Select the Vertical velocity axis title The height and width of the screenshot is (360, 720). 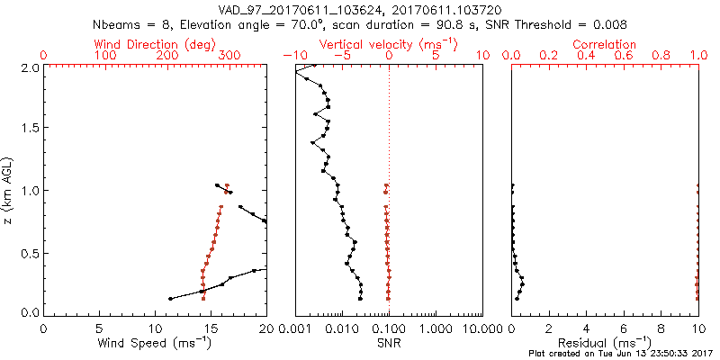pos(388,44)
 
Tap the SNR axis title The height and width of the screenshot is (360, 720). pos(388,343)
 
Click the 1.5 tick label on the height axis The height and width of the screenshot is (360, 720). pos(29,128)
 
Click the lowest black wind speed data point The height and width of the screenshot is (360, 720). pos(170,299)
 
